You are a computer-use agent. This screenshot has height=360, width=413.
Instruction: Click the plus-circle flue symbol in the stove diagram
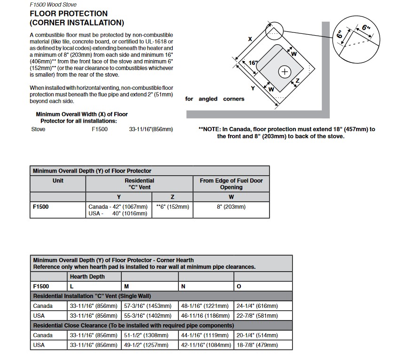click(x=285, y=72)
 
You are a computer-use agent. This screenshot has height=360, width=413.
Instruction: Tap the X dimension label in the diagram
click(x=250, y=39)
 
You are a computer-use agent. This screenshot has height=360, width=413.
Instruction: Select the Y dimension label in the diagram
click(x=253, y=88)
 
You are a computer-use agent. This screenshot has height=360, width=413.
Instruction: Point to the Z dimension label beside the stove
click(x=297, y=80)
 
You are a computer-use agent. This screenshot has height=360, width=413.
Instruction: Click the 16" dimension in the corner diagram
click(x=253, y=63)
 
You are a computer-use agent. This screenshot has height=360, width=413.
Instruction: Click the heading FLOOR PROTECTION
click(x=69, y=14)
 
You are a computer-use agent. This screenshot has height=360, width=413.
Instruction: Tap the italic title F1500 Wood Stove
click(x=53, y=5)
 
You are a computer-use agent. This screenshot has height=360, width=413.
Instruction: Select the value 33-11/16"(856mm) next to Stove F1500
click(x=151, y=129)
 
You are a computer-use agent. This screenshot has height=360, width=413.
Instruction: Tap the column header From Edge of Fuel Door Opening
click(x=231, y=184)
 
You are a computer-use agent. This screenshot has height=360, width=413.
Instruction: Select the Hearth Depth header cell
click(x=94, y=276)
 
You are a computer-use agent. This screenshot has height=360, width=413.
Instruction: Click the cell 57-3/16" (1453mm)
click(x=150, y=306)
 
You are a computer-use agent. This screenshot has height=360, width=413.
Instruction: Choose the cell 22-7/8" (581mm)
click(x=263, y=315)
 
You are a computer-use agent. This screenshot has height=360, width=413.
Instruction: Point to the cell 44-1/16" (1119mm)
click(x=206, y=335)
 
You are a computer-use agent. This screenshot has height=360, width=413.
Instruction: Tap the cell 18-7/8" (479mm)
click(x=263, y=345)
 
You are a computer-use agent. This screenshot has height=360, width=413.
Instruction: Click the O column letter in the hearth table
click(x=239, y=286)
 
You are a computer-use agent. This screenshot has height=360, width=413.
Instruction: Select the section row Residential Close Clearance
click(x=161, y=326)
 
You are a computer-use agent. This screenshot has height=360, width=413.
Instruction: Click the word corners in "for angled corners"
click(x=234, y=99)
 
